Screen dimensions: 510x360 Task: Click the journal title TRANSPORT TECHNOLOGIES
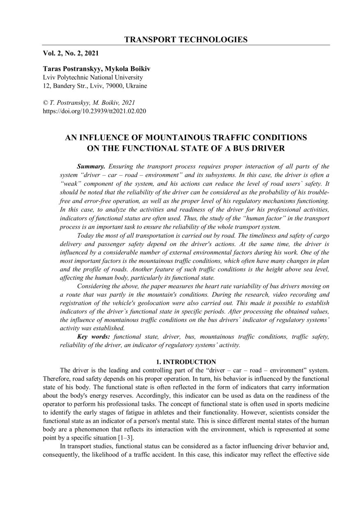(x=186, y=39)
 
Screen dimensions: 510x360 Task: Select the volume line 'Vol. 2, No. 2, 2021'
(x=71, y=53)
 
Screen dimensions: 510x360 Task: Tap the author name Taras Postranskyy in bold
(x=72, y=69)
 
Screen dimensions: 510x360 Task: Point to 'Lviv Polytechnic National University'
(x=93, y=77)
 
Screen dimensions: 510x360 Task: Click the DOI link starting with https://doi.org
(x=95, y=111)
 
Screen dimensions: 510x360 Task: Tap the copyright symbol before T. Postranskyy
(x=46, y=102)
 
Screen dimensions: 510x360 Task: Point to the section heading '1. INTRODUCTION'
(x=186, y=362)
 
